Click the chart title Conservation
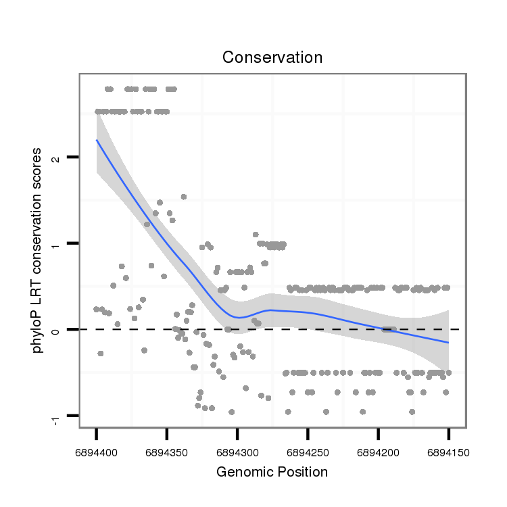272,57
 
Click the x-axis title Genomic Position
272,472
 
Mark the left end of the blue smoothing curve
97,141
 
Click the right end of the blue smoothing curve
448,343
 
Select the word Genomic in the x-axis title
243,472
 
